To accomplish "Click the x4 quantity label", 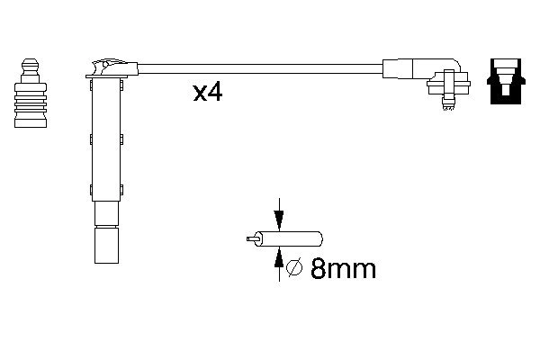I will tap(207, 93).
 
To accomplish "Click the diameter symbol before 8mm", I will tap(292, 269).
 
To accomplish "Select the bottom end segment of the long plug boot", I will tap(106, 245).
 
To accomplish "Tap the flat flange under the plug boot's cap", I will tap(106, 82).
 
